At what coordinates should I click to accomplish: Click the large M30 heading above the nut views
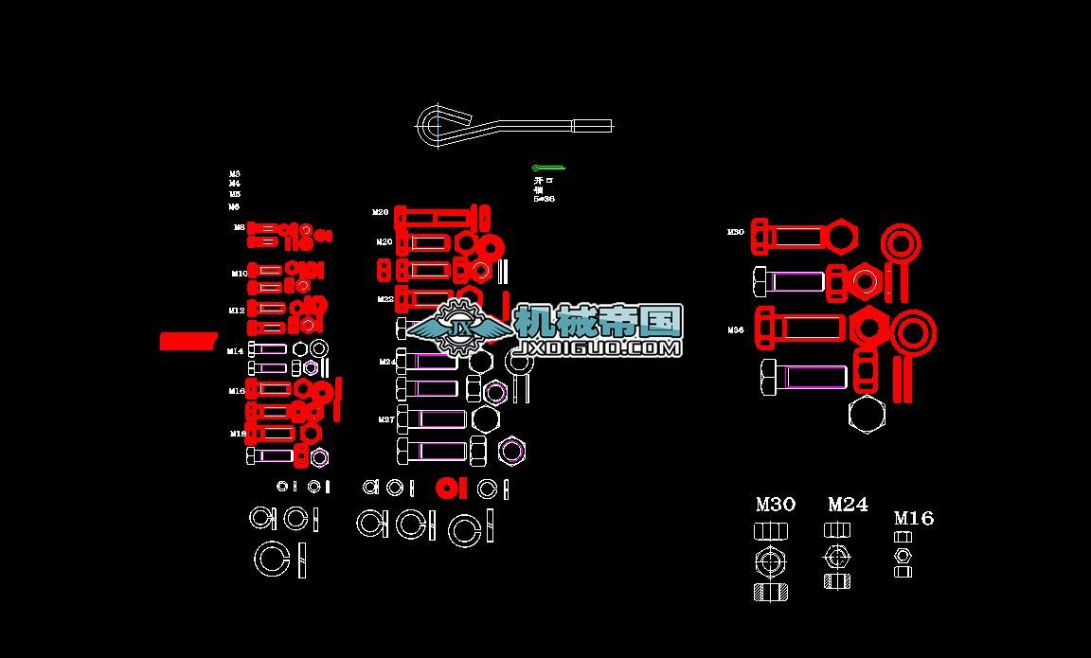[x=775, y=505]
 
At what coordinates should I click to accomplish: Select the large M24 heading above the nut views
[x=848, y=505]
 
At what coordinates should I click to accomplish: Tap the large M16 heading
[x=914, y=518]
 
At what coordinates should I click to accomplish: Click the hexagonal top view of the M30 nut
[x=771, y=561]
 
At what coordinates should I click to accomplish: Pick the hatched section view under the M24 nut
[x=836, y=580]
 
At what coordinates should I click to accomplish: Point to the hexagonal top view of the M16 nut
[x=903, y=555]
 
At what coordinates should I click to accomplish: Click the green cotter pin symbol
[x=547, y=169]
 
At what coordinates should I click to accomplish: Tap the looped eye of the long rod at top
[x=436, y=125]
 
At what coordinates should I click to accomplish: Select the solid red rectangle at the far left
[x=188, y=341]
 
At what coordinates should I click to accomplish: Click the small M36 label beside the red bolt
[x=736, y=330]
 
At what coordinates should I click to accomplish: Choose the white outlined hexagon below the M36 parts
[x=867, y=415]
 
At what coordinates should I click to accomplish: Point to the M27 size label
[x=386, y=419]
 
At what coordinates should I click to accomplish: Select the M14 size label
[x=235, y=351]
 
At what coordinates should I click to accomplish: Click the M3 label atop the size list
[x=235, y=174]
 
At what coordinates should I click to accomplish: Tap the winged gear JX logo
[x=462, y=327]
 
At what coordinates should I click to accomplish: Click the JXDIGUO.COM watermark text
[x=597, y=347]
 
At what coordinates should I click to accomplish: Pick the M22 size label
[x=385, y=299]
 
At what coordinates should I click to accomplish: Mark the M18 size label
[x=237, y=433]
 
